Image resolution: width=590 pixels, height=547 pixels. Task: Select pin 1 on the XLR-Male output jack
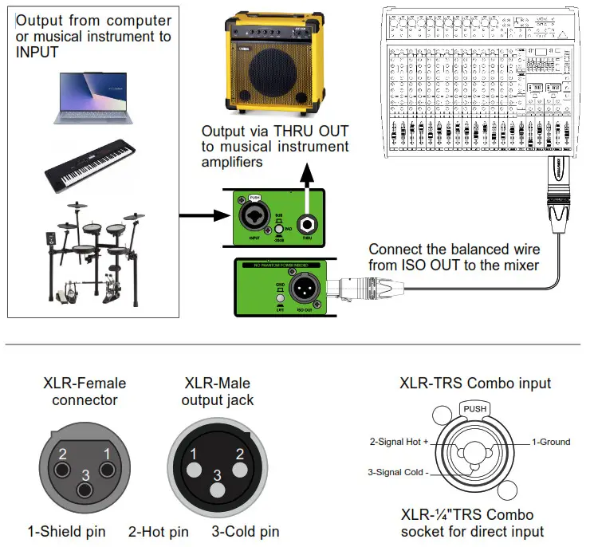click(192, 454)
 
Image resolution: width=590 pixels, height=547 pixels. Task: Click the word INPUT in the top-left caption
click(36, 53)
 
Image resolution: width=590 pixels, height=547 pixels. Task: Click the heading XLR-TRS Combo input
click(475, 384)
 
